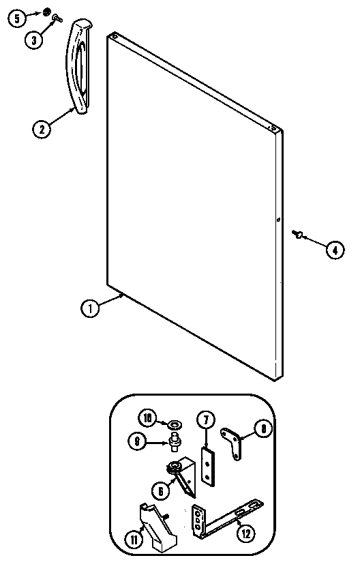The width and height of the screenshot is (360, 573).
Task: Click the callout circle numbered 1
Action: click(x=90, y=308)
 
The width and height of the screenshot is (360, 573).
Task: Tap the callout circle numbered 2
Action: click(x=42, y=128)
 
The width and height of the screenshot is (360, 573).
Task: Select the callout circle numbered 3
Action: click(x=34, y=40)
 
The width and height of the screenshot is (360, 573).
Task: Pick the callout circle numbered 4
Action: click(x=335, y=250)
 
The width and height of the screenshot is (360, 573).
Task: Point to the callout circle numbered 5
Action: click(x=17, y=18)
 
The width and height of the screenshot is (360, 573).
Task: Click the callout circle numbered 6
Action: click(x=161, y=491)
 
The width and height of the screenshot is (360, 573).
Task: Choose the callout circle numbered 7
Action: click(x=207, y=421)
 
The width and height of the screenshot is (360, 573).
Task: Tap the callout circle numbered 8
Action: click(x=263, y=428)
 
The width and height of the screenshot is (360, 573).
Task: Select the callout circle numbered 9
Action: click(x=137, y=441)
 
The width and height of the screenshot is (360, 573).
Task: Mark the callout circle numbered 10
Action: click(x=147, y=418)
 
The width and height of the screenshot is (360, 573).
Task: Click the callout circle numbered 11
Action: click(x=134, y=540)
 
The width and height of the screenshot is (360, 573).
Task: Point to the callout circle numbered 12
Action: click(x=245, y=534)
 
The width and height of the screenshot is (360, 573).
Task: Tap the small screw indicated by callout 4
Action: click(x=297, y=234)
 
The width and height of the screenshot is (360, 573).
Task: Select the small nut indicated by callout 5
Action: click(x=46, y=12)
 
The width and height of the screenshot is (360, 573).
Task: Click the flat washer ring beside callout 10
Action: click(x=175, y=425)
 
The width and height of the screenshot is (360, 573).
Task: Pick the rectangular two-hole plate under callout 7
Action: click(x=208, y=467)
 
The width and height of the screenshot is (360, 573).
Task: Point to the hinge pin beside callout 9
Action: click(x=175, y=441)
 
